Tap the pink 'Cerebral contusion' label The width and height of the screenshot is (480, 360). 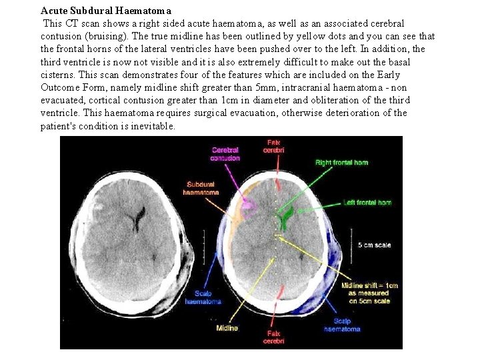(x=225, y=154)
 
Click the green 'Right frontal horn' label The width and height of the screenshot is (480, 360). (x=341, y=163)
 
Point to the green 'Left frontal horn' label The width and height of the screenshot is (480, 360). (x=367, y=203)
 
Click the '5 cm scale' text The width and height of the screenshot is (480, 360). (x=375, y=245)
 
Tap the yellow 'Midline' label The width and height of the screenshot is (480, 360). (x=227, y=327)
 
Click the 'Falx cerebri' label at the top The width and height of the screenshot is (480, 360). (x=274, y=146)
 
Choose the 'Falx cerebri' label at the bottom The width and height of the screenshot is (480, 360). (x=274, y=337)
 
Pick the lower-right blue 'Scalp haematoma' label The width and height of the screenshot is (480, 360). (x=342, y=325)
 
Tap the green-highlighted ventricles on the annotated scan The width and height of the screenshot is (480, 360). (x=286, y=217)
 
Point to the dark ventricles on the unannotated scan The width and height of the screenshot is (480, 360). (x=139, y=217)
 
